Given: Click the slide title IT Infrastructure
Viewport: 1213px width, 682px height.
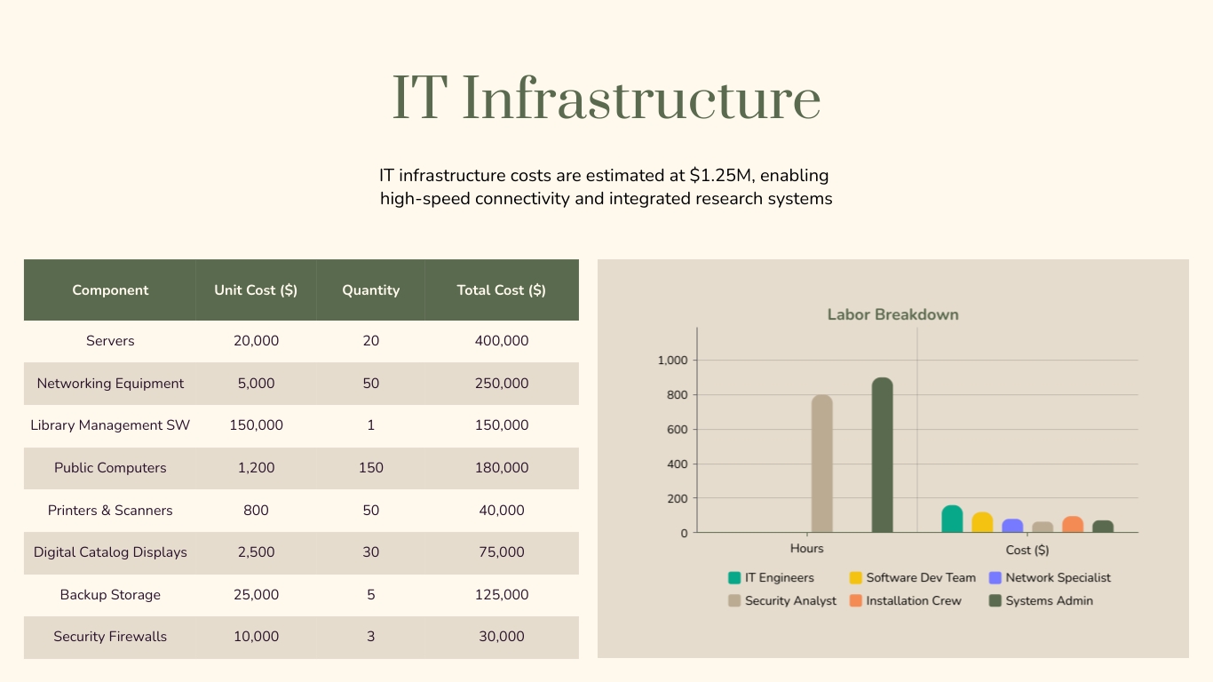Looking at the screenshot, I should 606,98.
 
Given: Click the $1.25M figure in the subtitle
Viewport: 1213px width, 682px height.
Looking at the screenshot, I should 719,175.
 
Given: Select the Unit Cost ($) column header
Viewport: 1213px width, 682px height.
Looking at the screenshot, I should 256,290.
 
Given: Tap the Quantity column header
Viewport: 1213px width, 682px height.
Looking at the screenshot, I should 370,290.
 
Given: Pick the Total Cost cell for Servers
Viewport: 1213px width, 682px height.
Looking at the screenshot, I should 501,341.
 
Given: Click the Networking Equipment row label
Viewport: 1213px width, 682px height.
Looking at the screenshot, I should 110,384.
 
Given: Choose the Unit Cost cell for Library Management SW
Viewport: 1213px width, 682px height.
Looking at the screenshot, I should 256,425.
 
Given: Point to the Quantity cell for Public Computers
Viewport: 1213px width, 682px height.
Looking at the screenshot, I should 370,468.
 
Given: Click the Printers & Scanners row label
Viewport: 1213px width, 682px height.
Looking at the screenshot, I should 110,511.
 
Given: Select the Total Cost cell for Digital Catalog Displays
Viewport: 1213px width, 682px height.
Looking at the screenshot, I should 501,552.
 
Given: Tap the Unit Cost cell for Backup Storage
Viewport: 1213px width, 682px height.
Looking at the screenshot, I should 256,595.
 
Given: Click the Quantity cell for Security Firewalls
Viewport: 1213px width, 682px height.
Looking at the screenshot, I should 370,637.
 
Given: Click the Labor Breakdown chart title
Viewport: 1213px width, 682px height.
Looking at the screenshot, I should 892,314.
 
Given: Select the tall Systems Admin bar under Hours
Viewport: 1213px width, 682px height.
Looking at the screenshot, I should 882,456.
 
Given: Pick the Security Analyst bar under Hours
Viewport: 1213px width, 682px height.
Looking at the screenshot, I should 821,464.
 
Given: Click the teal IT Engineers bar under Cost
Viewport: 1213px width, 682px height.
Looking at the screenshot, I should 952,519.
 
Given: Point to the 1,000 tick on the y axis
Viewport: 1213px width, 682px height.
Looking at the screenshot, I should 672,361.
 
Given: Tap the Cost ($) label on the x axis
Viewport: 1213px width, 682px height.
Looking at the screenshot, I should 1027,550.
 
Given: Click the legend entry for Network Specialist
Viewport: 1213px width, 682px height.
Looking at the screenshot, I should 1057,578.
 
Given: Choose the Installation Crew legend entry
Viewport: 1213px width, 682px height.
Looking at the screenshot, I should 913,601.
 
